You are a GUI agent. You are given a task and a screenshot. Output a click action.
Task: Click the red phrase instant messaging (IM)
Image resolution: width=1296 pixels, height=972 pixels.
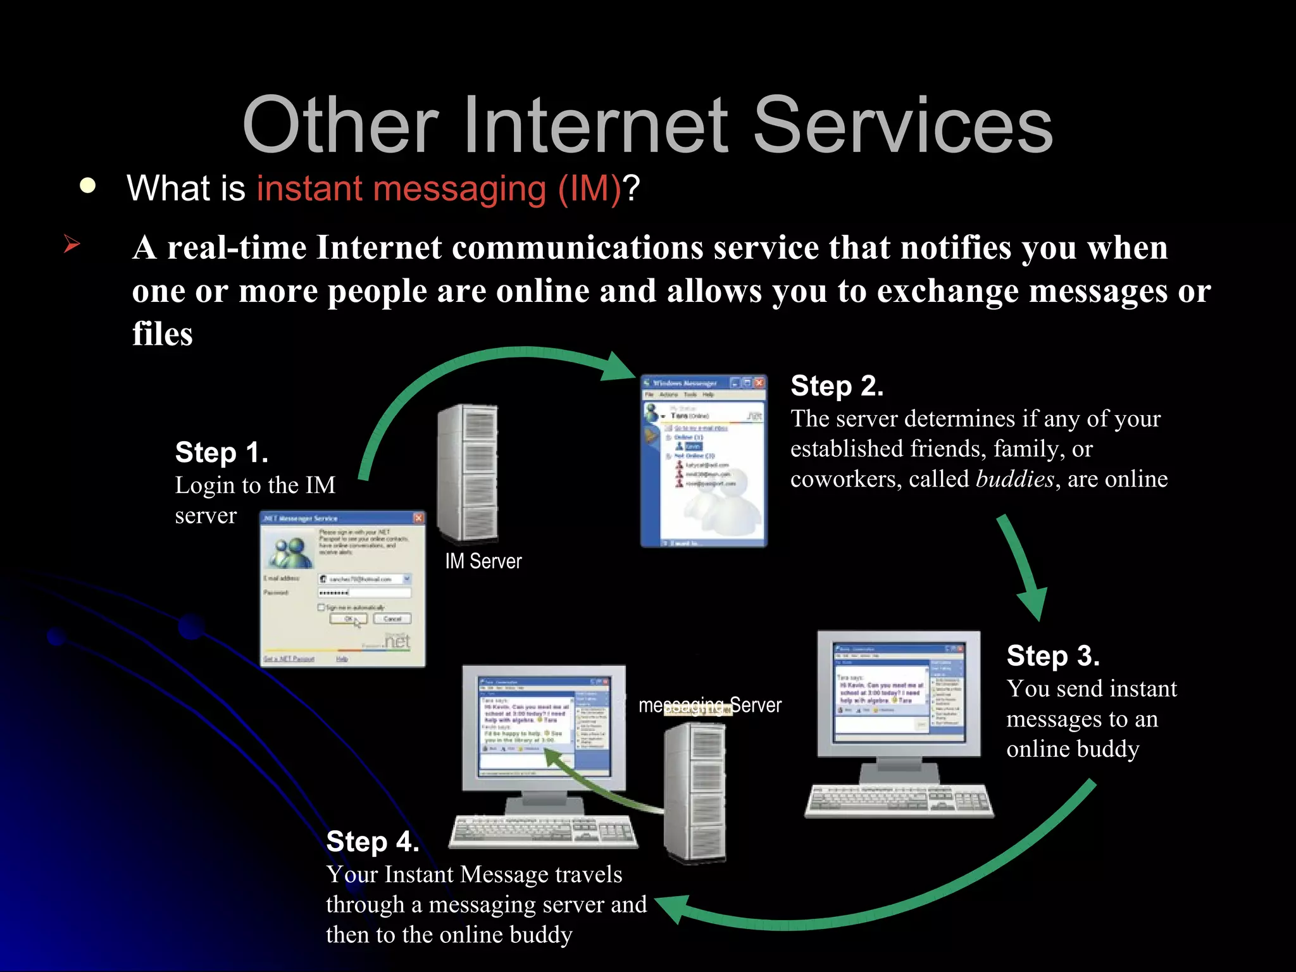tap(439, 189)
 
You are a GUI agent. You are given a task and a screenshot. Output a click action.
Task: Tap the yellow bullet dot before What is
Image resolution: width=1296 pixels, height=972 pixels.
tap(88, 186)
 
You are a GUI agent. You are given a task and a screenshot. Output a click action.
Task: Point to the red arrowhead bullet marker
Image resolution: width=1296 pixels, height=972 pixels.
tap(72, 244)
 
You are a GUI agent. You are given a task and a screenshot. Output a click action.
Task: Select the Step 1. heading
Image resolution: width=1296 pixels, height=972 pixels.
tap(221, 452)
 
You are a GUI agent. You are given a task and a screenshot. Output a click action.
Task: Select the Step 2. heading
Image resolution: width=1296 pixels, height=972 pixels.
tap(837, 386)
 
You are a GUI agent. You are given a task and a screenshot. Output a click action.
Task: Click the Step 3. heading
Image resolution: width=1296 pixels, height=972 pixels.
tap(1053, 656)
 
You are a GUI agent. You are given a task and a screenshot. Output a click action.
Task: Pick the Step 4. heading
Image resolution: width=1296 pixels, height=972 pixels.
tap(372, 842)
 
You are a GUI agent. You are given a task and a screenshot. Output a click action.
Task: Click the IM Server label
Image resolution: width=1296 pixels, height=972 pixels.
tap(483, 561)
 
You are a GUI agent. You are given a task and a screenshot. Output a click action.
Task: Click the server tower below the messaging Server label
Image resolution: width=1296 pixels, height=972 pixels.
tap(695, 791)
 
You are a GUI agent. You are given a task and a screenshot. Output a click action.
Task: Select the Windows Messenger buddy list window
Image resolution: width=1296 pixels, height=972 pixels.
tap(704, 461)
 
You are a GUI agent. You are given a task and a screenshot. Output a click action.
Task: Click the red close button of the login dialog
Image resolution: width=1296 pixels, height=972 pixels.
tap(418, 518)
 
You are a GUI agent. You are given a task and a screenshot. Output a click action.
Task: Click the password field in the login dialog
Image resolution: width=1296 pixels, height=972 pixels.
tap(364, 593)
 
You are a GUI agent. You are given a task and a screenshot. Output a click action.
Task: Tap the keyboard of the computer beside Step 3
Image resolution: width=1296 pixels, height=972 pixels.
tap(899, 801)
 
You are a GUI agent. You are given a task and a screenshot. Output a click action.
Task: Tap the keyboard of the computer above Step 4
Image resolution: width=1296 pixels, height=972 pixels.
tap(543, 830)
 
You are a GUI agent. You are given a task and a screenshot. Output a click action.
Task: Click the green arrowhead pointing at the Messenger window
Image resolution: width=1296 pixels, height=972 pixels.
tap(618, 366)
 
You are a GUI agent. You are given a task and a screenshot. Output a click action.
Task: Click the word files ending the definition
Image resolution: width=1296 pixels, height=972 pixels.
tap(162, 334)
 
